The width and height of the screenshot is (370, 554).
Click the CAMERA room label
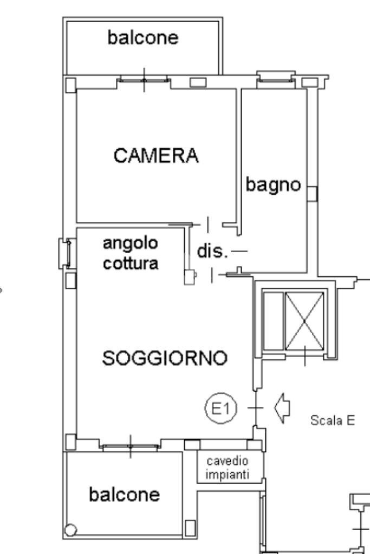point(156,156)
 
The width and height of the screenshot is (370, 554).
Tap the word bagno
point(273,185)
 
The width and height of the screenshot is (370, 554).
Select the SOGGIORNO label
point(164,358)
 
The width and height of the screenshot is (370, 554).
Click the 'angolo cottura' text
point(131,253)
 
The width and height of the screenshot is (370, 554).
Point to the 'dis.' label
point(211,252)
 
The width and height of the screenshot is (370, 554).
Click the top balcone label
point(143,38)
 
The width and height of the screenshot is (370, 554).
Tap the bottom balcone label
point(125,494)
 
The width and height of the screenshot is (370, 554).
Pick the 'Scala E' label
point(333,420)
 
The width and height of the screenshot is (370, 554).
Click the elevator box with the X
point(304,321)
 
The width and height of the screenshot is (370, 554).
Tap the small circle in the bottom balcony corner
point(72,530)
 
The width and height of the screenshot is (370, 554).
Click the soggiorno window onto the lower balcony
point(131,446)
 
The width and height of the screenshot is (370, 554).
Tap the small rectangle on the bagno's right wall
point(313,194)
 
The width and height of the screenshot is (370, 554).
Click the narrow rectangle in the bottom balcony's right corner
point(190,527)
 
